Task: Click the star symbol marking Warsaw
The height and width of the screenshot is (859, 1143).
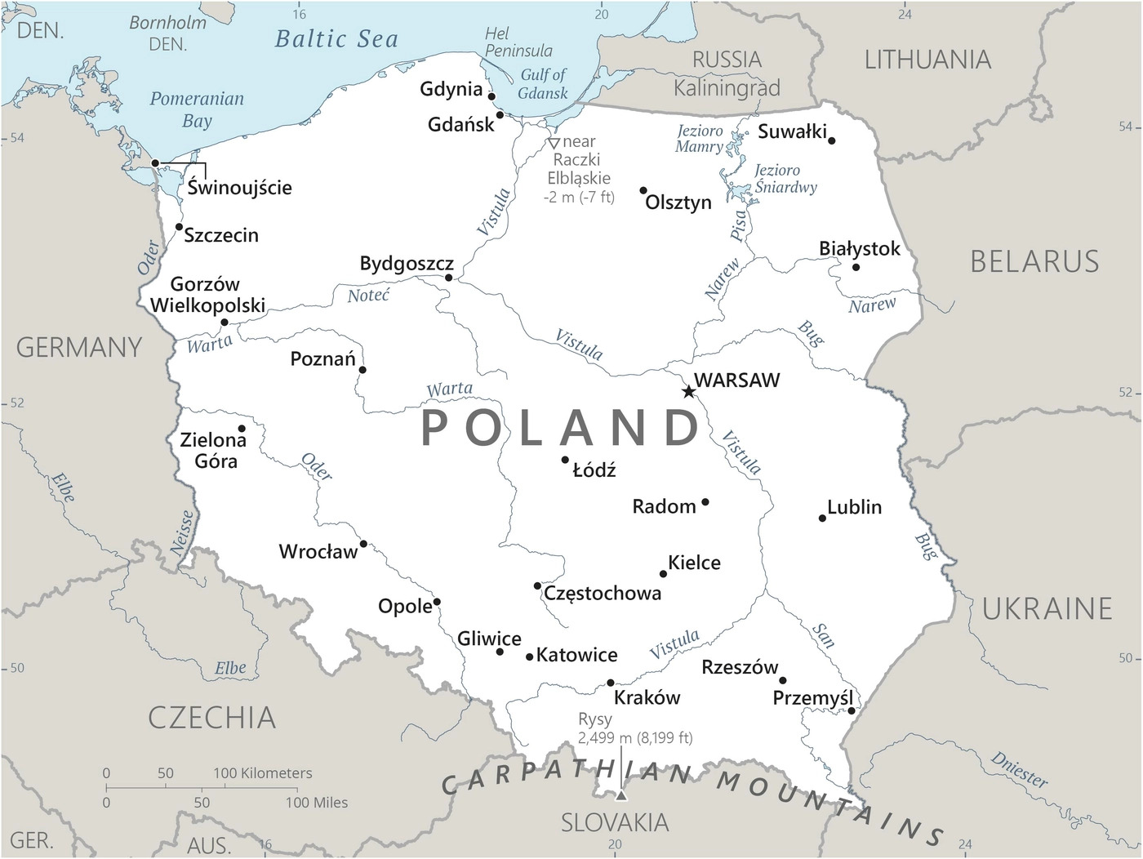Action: click(688, 392)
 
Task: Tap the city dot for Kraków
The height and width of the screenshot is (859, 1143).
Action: click(611, 683)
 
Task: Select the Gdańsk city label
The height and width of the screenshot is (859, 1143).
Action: click(461, 124)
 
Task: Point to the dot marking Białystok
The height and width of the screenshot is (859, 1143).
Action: click(856, 267)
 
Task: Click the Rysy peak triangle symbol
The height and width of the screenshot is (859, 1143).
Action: click(621, 795)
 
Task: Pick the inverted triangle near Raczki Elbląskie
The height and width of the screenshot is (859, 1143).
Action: click(554, 143)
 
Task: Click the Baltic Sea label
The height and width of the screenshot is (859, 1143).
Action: click(336, 39)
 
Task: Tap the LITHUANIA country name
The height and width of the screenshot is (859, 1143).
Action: click(927, 60)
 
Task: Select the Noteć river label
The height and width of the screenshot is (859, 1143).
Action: click(368, 296)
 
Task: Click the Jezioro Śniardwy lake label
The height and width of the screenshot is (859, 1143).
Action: click(785, 178)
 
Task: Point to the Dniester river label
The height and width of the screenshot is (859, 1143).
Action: click(1019, 769)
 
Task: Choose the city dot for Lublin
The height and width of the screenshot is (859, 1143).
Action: click(822, 518)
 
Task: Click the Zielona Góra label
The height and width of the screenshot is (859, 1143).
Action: click(214, 450)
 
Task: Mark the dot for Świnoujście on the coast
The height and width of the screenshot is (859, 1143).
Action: click(155, 163)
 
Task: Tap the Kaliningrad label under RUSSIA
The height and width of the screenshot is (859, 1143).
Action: click(727, 87)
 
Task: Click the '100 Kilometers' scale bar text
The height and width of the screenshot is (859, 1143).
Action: click(263, 772)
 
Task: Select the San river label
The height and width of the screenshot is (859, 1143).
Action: click(823, 634)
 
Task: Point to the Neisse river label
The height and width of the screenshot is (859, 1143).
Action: click(183, 532)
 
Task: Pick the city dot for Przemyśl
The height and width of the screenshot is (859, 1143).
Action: click(852, 711)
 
